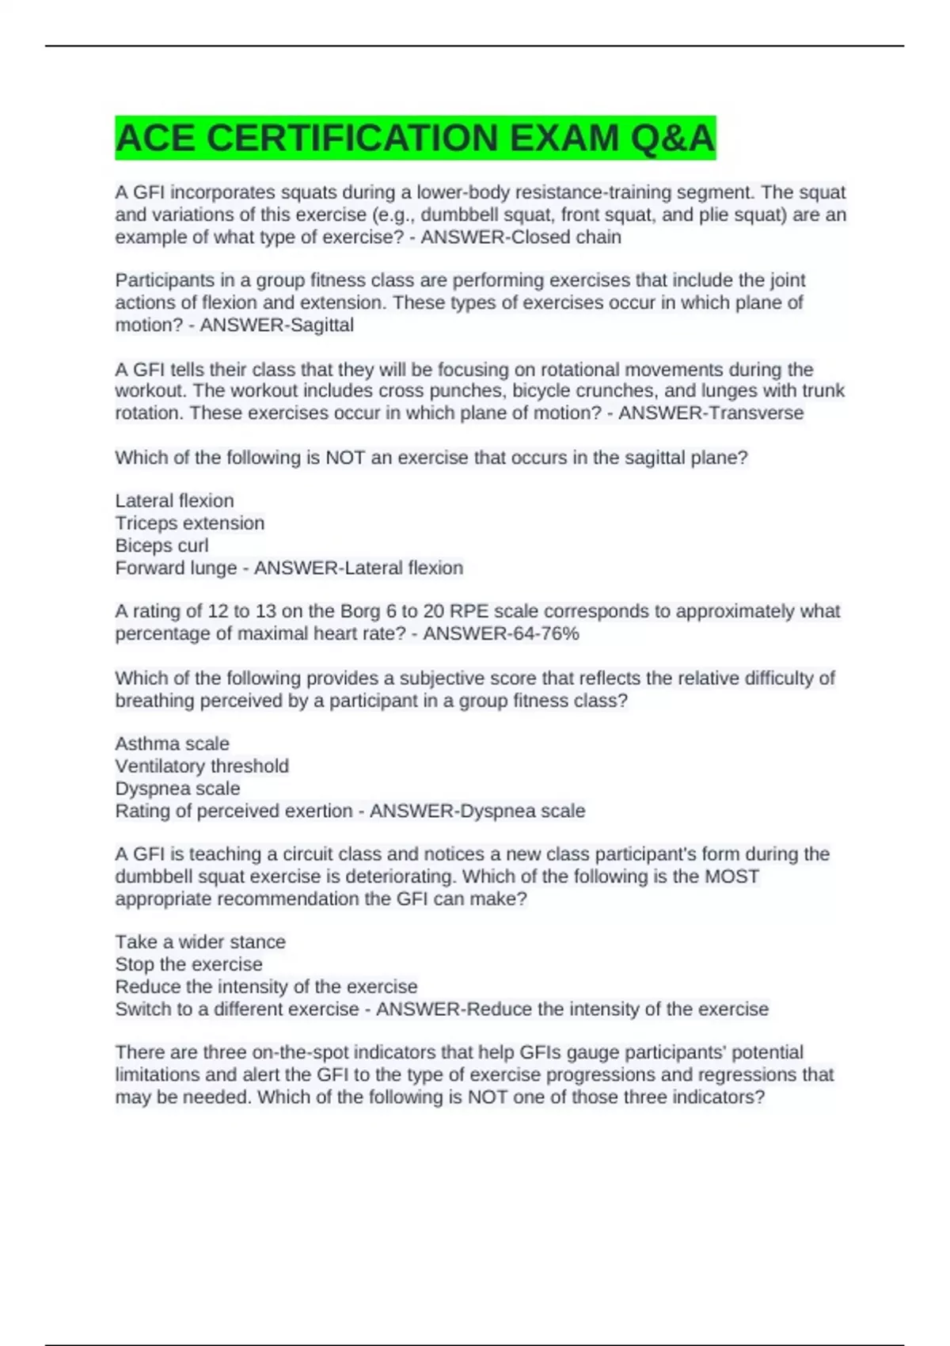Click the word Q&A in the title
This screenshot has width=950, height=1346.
click(x=672, y=139)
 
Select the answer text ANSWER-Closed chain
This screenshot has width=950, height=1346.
click(x=521, y=238)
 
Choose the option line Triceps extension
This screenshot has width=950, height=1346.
click(x=190, y=523)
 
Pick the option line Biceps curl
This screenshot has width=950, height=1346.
click(x=161, y=546)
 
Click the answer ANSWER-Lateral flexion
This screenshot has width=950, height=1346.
click(x=358, y=568)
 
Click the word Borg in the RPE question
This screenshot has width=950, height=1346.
click(x=360, y=611)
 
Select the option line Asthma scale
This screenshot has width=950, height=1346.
click(x=172, y=744)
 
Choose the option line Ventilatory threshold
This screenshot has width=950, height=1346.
click(x=202, y=766)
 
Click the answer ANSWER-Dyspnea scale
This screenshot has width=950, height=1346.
click(x=477, y=811)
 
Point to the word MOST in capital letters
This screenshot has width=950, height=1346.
click(x=731, y=876)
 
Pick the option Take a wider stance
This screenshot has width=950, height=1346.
click(x=200, y=942)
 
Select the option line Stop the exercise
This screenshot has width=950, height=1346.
click(x=188, y=964)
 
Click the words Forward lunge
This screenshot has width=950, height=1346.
click(x=176, y=568)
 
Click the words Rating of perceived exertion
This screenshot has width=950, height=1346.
click(x=234, y=811)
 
